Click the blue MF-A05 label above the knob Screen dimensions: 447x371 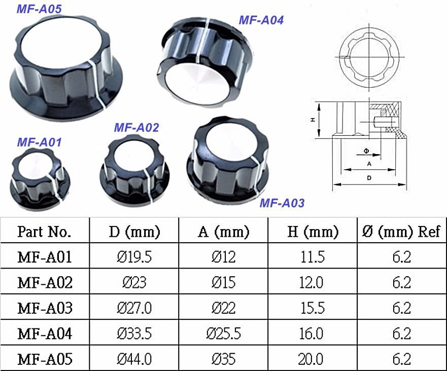pos(39,9)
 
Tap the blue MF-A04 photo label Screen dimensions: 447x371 pos(261,20)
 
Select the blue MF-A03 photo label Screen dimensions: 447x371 pos(282,203)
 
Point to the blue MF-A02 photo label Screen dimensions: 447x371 pos(136,128)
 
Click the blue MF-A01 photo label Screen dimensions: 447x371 pos(40,142)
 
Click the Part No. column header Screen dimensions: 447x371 pos(44,231)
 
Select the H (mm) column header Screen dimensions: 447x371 pos(313,231)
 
